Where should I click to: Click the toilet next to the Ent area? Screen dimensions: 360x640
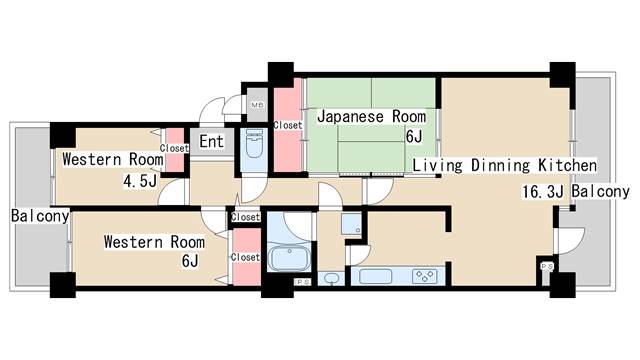(252, 148)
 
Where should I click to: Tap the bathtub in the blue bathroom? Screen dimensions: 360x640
(292, 259)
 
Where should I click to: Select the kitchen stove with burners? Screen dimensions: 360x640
(420, 276)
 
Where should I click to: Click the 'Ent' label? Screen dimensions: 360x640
(212, 142)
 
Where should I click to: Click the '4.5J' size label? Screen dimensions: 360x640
(139, 181)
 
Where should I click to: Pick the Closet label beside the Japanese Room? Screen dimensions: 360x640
(288, 126)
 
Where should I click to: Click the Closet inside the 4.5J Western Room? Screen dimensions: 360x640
(174, 148)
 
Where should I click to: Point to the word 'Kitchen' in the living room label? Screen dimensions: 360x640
(565, 165)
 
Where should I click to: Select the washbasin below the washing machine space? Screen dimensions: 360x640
(332, 278)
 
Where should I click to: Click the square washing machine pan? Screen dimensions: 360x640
(350, 224)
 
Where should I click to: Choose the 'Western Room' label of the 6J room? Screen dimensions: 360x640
(154, 242)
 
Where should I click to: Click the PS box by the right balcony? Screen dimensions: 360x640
(547, 267)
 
